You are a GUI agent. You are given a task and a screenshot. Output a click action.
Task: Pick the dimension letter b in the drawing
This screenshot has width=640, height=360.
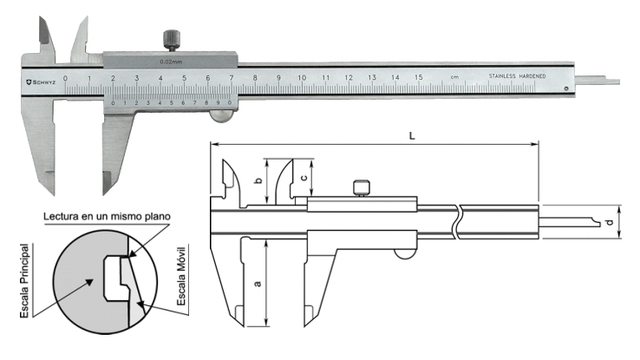pyautogui.click(x=258, y=180)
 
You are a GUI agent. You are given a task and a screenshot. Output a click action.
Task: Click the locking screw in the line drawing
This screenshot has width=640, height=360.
pyautogui.click(x=362, y=187)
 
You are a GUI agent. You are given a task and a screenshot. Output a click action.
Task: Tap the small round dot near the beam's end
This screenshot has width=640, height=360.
pyautogui.click(x=565, y=88)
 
